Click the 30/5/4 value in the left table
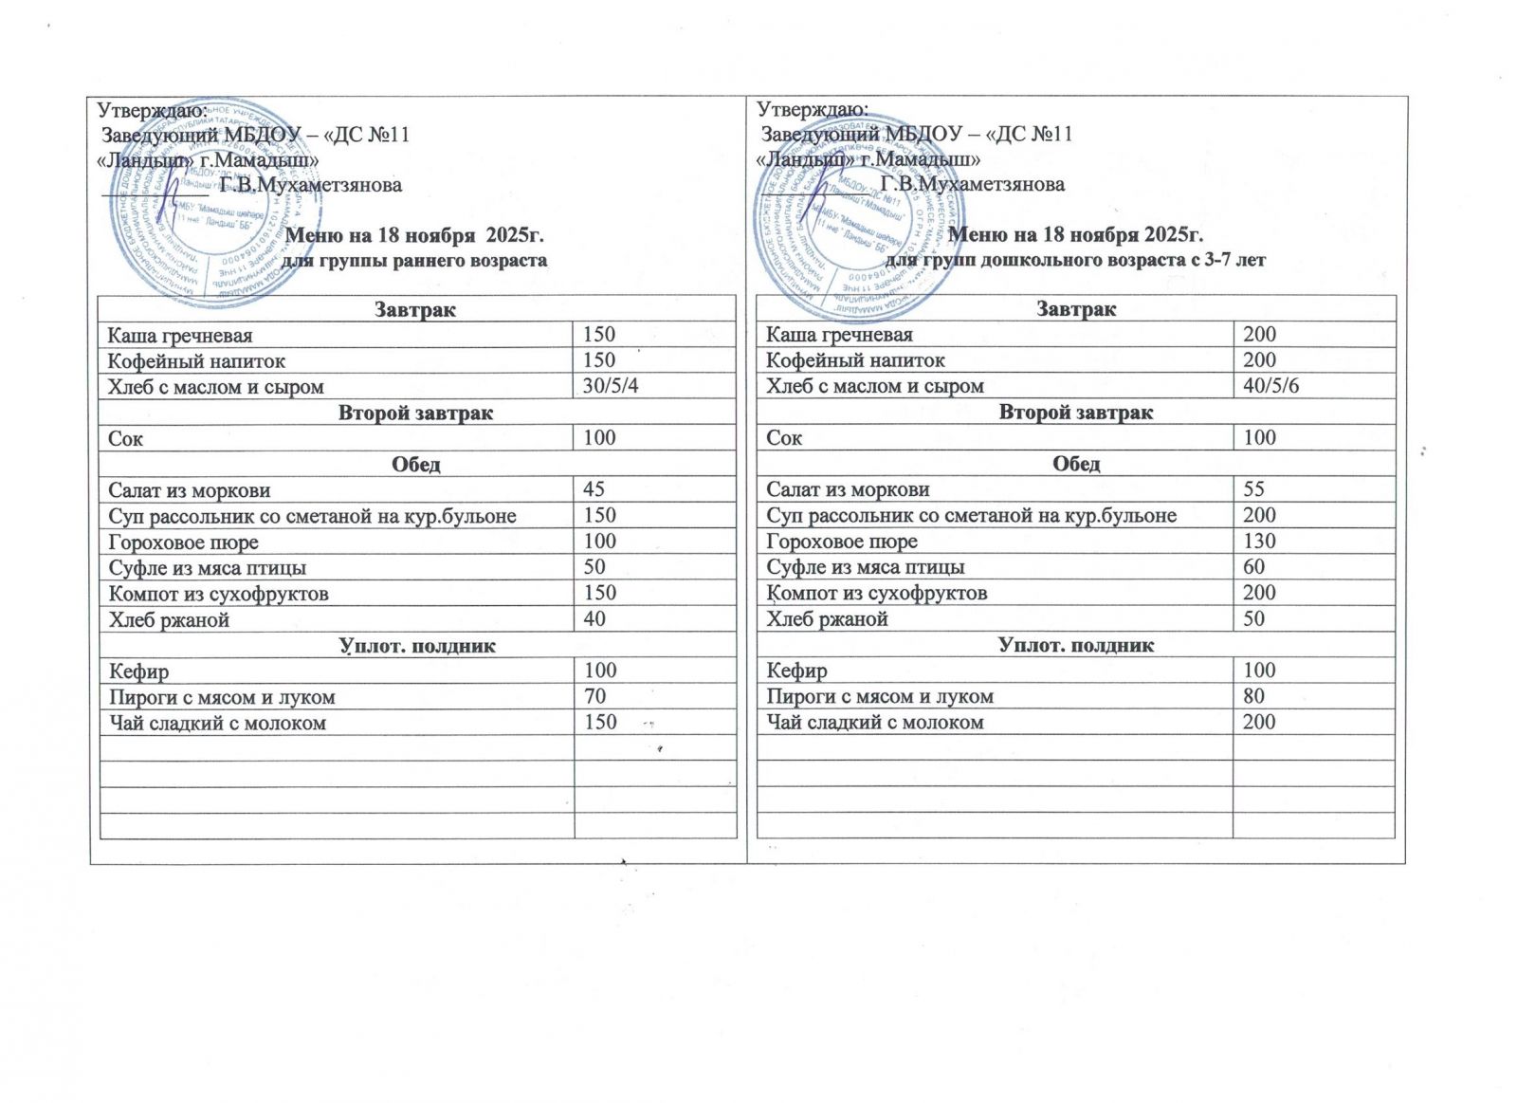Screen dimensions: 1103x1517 coord(612,386)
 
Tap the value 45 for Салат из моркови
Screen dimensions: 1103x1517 coord(594,489)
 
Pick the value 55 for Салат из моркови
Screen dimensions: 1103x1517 coord(1253,489)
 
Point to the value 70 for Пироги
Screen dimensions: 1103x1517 coord(594,696)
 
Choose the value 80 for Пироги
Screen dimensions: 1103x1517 coord(1253,696)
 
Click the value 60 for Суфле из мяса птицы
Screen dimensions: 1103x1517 coord(1253,567)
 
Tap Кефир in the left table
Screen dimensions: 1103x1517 coord(138,671)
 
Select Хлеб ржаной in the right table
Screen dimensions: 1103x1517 coord(827,619)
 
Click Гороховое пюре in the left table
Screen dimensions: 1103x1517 coord(183,542)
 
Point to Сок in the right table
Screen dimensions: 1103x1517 coord(784,438)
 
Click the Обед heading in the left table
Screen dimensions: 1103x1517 coord(416,465)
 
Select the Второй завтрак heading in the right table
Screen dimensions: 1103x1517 coord(1076,413)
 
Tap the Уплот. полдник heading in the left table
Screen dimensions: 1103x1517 coord(417,646)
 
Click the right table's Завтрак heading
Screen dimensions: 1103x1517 coord(1076,309)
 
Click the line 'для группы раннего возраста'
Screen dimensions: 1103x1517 coord(415,260)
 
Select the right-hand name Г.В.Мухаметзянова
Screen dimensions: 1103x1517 coord(972,184)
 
